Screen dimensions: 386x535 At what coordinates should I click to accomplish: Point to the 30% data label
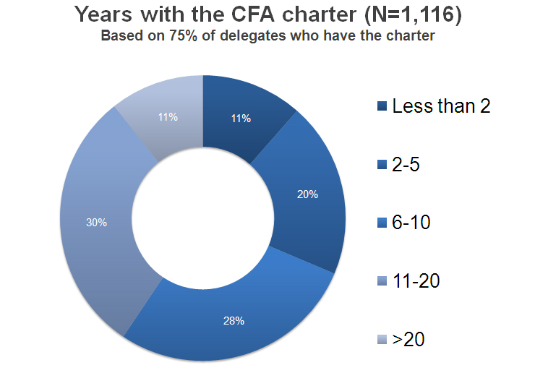click(x=96, y=223)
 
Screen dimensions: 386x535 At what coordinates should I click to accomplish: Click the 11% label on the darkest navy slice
click(x=241, y=118)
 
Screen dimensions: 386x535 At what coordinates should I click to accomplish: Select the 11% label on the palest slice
click(x=168, y=116)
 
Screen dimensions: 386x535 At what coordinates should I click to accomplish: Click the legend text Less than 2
click(x=441, y=106)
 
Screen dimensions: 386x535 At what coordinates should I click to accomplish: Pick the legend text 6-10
click(x=411, y=223)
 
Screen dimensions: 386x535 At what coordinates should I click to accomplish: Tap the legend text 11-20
click(x=416, y=280)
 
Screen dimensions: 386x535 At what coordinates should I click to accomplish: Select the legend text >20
click(x=406, y=339)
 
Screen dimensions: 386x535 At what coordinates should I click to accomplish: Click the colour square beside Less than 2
click(x=382, y=107)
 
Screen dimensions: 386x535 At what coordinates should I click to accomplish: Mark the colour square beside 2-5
click(x=382, y=165)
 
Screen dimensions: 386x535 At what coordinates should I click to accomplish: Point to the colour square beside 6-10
click(x=382, y=223)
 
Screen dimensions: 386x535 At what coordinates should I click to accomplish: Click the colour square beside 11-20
click(x=382, y=281)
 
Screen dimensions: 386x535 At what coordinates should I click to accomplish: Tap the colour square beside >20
click(x=382, y=340)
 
